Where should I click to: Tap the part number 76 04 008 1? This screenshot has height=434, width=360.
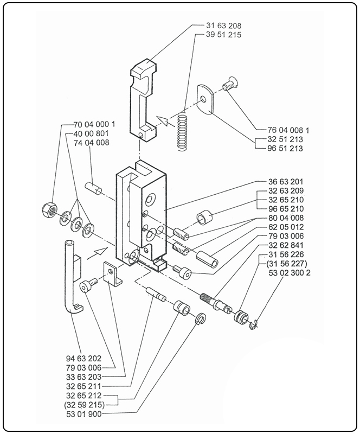coord(288,130)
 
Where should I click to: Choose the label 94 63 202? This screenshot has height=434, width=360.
coord(83,358)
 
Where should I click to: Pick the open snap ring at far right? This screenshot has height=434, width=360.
coord(255,324)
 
